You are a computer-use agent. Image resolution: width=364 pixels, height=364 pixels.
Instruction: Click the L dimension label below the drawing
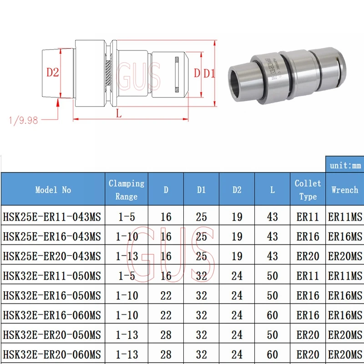click(x=119, y=114)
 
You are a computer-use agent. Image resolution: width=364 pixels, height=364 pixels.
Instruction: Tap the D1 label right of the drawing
click(x=209, y=73)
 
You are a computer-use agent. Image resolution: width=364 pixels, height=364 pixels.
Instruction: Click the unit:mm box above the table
click(x=344, y=165)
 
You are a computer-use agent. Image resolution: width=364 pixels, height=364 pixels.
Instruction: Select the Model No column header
click(x=53, y=190)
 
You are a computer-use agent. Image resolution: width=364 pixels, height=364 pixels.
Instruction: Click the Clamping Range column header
click(x=126, y=190)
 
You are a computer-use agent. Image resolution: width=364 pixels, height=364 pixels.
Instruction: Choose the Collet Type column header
click(x=308, y=190)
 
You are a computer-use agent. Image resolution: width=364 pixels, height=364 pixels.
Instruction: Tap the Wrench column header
click(x=344, y=190)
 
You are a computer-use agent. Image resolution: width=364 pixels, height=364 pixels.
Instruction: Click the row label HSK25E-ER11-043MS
click(x=52, y=217)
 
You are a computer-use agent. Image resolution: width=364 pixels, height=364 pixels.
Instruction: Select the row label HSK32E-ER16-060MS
click(x=52, y=315)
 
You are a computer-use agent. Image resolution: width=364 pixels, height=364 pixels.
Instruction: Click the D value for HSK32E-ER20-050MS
click(x=166, y=335)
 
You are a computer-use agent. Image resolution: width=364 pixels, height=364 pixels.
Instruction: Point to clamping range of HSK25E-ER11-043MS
click(x=126, y=217)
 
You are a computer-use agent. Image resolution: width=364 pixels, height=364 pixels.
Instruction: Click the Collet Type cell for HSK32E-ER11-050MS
click(x=308, y=276)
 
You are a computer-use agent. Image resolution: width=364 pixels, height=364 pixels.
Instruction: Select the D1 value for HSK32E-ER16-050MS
click(x=201, y=296)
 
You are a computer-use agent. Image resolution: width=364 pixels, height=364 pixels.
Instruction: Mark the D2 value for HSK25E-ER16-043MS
click(x=237, y=237)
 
